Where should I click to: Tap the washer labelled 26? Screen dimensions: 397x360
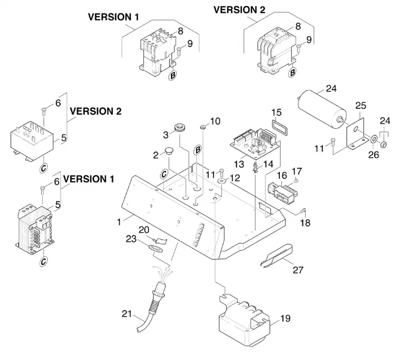point(374,139)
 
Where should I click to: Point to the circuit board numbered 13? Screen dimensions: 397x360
point(255,144)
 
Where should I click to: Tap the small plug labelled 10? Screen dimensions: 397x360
point(203,126)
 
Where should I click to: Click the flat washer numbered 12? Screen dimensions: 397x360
point(222,181)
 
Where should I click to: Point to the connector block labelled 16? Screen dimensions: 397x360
point(282,191)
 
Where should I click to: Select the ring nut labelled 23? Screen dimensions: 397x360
point(155,248)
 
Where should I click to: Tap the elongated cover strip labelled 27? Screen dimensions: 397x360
point(276,256)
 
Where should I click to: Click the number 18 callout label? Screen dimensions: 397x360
point(305,223)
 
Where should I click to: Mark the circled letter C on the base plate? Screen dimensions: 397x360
point(164,174)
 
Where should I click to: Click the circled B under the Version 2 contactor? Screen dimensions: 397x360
point(292,73)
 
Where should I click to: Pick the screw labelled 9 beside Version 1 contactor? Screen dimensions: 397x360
point(179,52)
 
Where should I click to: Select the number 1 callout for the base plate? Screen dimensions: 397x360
point(119,222)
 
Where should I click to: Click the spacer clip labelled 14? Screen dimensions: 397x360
point(256,167)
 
